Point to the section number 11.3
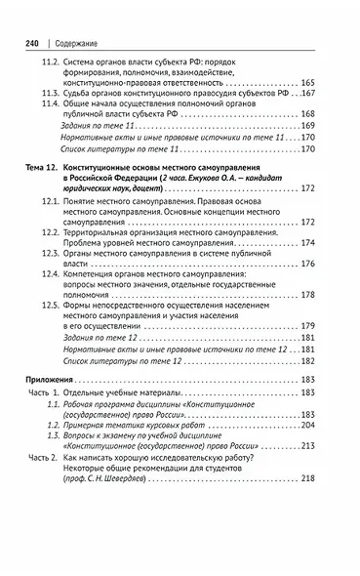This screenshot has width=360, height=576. pyautogui.click(x=51, y=126)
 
